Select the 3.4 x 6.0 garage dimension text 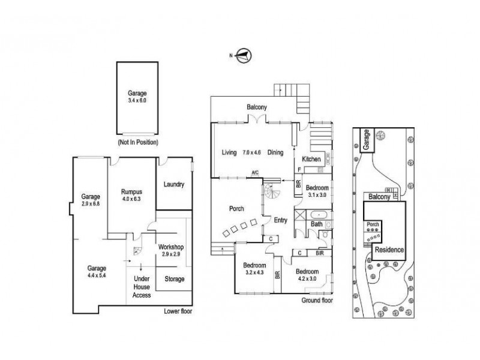(137, 101)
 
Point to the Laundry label (173, 185)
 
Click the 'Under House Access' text (142, 287)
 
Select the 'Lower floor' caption (178, 312)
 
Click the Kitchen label (311, 160)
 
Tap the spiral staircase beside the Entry (272, 194)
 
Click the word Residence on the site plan (389, 250)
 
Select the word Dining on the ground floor (275, 152)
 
